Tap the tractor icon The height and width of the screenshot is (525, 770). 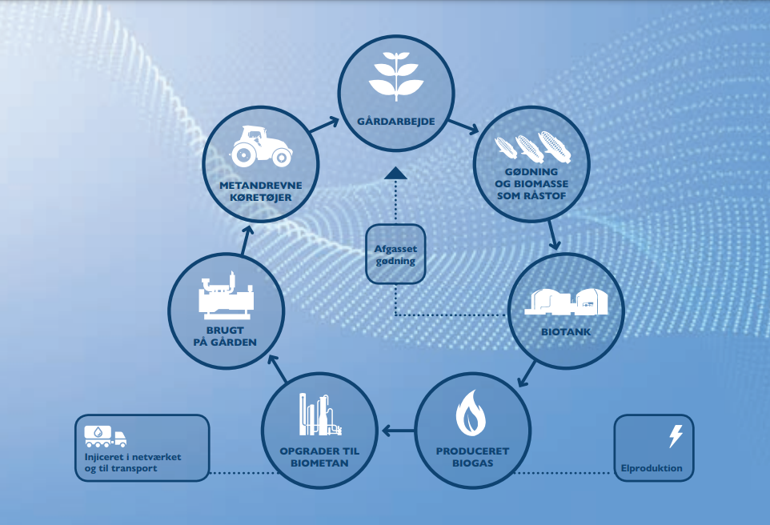pos(261,146)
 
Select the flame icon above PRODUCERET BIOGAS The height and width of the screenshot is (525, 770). pos(471,413)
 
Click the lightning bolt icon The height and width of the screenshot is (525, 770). pos(676,436)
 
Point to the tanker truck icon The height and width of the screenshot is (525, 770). pos(105,436)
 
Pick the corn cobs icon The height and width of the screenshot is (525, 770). pos(532,146)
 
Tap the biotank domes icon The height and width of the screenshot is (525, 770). pos(566,301)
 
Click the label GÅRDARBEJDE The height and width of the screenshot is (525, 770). pos(395,122)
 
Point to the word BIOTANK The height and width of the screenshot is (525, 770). pos(566,332)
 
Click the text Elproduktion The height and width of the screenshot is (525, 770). pos(652,468)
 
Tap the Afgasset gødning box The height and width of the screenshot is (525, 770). pos(395,254)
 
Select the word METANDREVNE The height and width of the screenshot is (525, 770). pos(261,186)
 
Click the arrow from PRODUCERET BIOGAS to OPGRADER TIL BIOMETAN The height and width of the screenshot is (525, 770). pos(399,431)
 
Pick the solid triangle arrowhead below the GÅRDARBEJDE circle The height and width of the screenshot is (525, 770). pos(395,173)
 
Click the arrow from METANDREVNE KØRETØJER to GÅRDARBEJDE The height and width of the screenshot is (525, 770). pos(325,124)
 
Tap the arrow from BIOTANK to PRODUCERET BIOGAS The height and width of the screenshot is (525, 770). pos(527,374)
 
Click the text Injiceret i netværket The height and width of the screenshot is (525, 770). pos(133,457)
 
